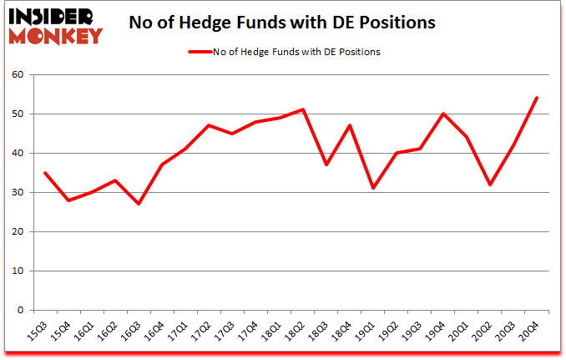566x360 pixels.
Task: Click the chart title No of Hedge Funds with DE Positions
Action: click(282, 23)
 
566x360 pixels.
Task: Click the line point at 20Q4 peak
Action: click(537, 98)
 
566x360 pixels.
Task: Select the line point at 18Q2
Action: click(302, 109)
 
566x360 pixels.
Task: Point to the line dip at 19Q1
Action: click(373, 188)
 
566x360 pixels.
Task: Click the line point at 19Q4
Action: click(442, 114)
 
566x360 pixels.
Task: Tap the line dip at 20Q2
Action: click(490, 185)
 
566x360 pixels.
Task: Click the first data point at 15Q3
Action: click(44, 173)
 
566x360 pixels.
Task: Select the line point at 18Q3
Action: click(326, 165)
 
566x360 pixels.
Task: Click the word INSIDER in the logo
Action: click(52, 16)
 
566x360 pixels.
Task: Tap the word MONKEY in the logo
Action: click(55, 35)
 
